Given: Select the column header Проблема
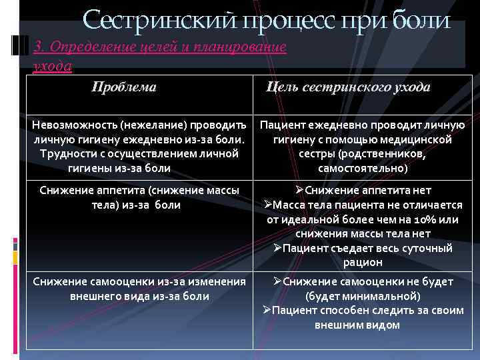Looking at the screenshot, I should pyautogui.click(x=124, y=87).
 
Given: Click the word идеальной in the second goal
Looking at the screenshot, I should pyautogui.click(x=312, y=219).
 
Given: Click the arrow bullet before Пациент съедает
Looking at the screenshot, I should pyautogui.click(x=277, y=248).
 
